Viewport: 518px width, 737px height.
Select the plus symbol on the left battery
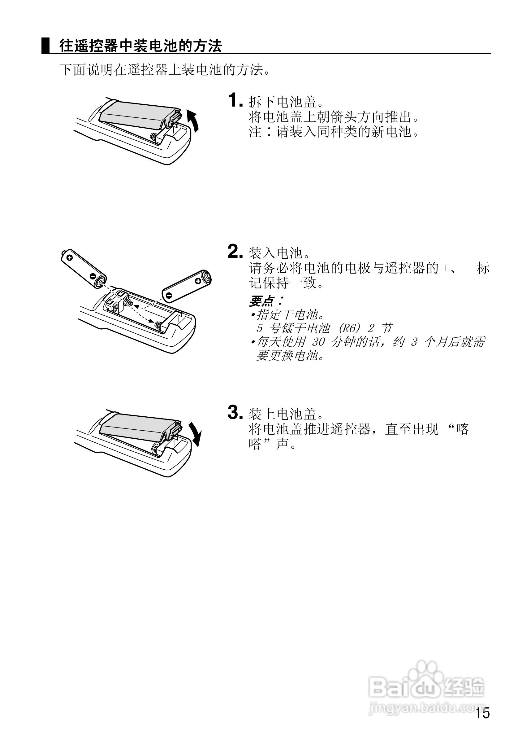70,258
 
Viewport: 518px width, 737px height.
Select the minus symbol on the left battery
92,275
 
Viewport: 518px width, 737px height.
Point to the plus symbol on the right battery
198,281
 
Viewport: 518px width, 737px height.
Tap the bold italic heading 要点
262,301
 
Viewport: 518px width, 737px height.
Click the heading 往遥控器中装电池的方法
140,46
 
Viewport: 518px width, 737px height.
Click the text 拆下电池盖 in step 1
282,102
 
